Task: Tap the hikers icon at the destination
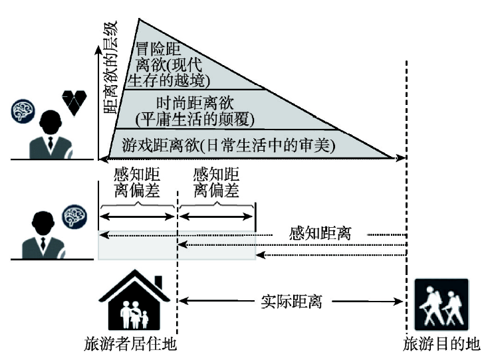click(x=441, y=305)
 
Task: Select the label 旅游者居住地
click(x=130, y=345)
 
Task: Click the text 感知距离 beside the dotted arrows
click(x=320, y=234)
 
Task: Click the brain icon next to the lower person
click(x=72, y=215)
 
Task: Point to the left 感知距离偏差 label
click(x=138, y=183)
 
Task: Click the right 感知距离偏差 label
click(x=216, y=183)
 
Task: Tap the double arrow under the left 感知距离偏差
click(x=137, y=217)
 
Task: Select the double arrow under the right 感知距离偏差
click(x=216, y=217)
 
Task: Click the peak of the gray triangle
click(x=140, y=21)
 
